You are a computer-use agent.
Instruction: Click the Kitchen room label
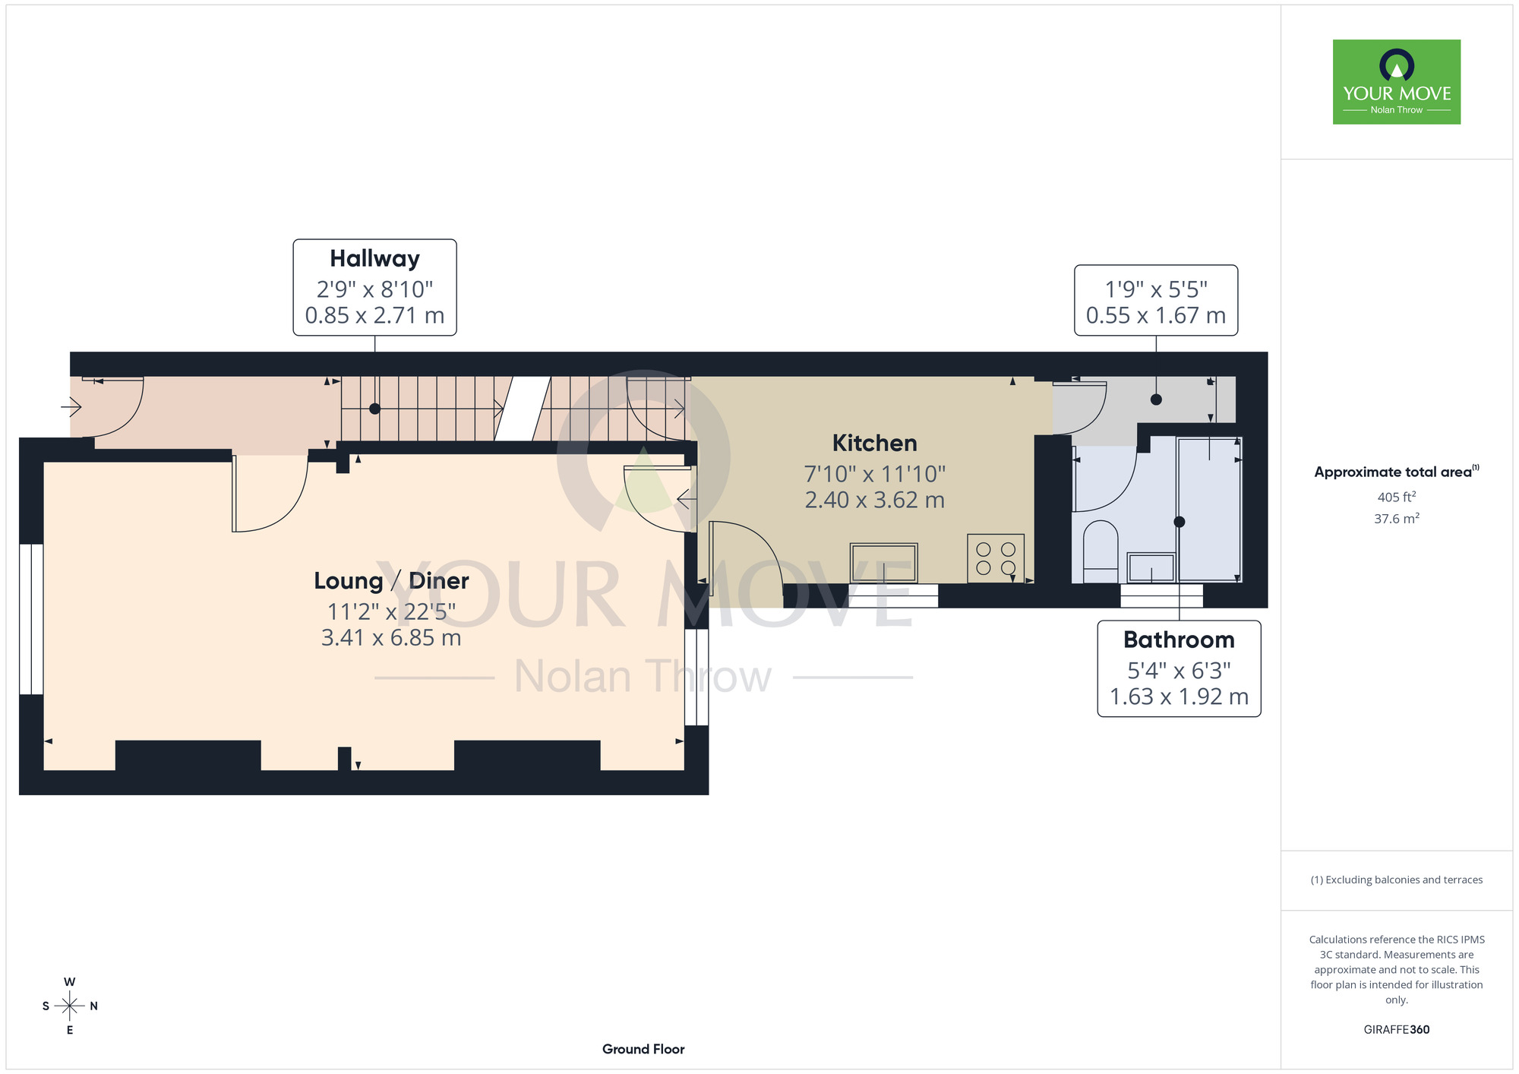pos(874,443)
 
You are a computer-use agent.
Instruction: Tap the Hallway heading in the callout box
pos(374,259)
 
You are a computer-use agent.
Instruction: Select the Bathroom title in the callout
pos(1179,640)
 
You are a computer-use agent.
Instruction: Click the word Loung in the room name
pos(349,581)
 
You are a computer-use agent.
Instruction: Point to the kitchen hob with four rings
pos(996,558)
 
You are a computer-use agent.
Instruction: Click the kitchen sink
pos(884,563)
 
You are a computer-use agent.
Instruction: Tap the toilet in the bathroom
pos(1100,551)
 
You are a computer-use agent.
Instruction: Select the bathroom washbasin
pos(1151,567)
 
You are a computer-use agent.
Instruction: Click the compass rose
pos(70,1006)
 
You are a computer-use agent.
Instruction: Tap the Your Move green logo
pos(1396,82)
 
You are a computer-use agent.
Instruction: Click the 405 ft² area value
pos(1397,497)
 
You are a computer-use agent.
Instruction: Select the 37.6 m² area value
pos(1397,519)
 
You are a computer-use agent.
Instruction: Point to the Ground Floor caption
pos(643,1049)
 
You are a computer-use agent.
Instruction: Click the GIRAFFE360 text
pos(1397,1030)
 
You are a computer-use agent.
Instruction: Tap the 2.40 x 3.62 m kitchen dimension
pos(874,500)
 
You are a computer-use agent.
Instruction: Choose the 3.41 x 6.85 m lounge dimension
pos(391,637)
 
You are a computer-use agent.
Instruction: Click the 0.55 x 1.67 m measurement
pos(1155,315)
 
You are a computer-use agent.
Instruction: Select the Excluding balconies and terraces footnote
pos(1397,880)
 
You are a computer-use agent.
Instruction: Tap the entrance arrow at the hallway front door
pos(71,408)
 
